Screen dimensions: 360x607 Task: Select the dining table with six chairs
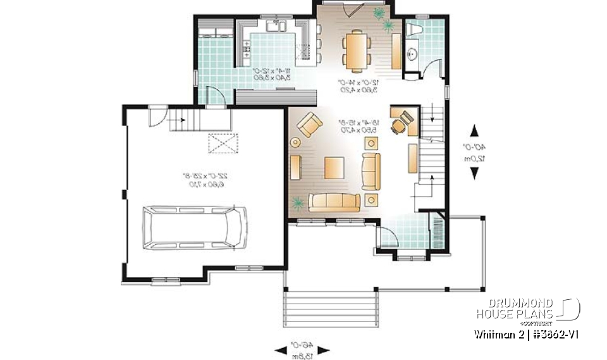click(x=355, y=49)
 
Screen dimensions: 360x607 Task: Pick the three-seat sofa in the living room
click(x=334, y=202)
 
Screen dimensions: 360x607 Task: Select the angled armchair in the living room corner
click(x=309, y=124)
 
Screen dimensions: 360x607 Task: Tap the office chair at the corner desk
click(x=398, y=127)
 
